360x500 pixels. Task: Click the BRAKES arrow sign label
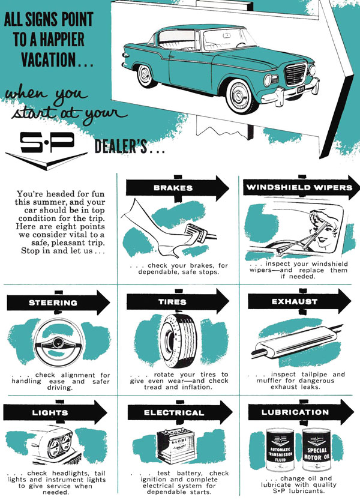coord(173,188)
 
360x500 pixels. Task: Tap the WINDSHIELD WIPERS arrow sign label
coord(299,187)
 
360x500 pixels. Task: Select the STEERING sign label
coord(53,303)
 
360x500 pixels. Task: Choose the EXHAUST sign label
coord(295,302)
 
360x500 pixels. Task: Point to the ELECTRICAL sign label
coord(174,412)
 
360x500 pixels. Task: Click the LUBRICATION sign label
coord(295,412)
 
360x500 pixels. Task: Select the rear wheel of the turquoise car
coord(146,76)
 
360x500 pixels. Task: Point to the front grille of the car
coord(295,74)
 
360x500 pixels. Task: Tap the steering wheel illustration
coord(59,342)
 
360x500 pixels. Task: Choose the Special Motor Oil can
coord(317,450)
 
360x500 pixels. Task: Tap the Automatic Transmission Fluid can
coord(280,450)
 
